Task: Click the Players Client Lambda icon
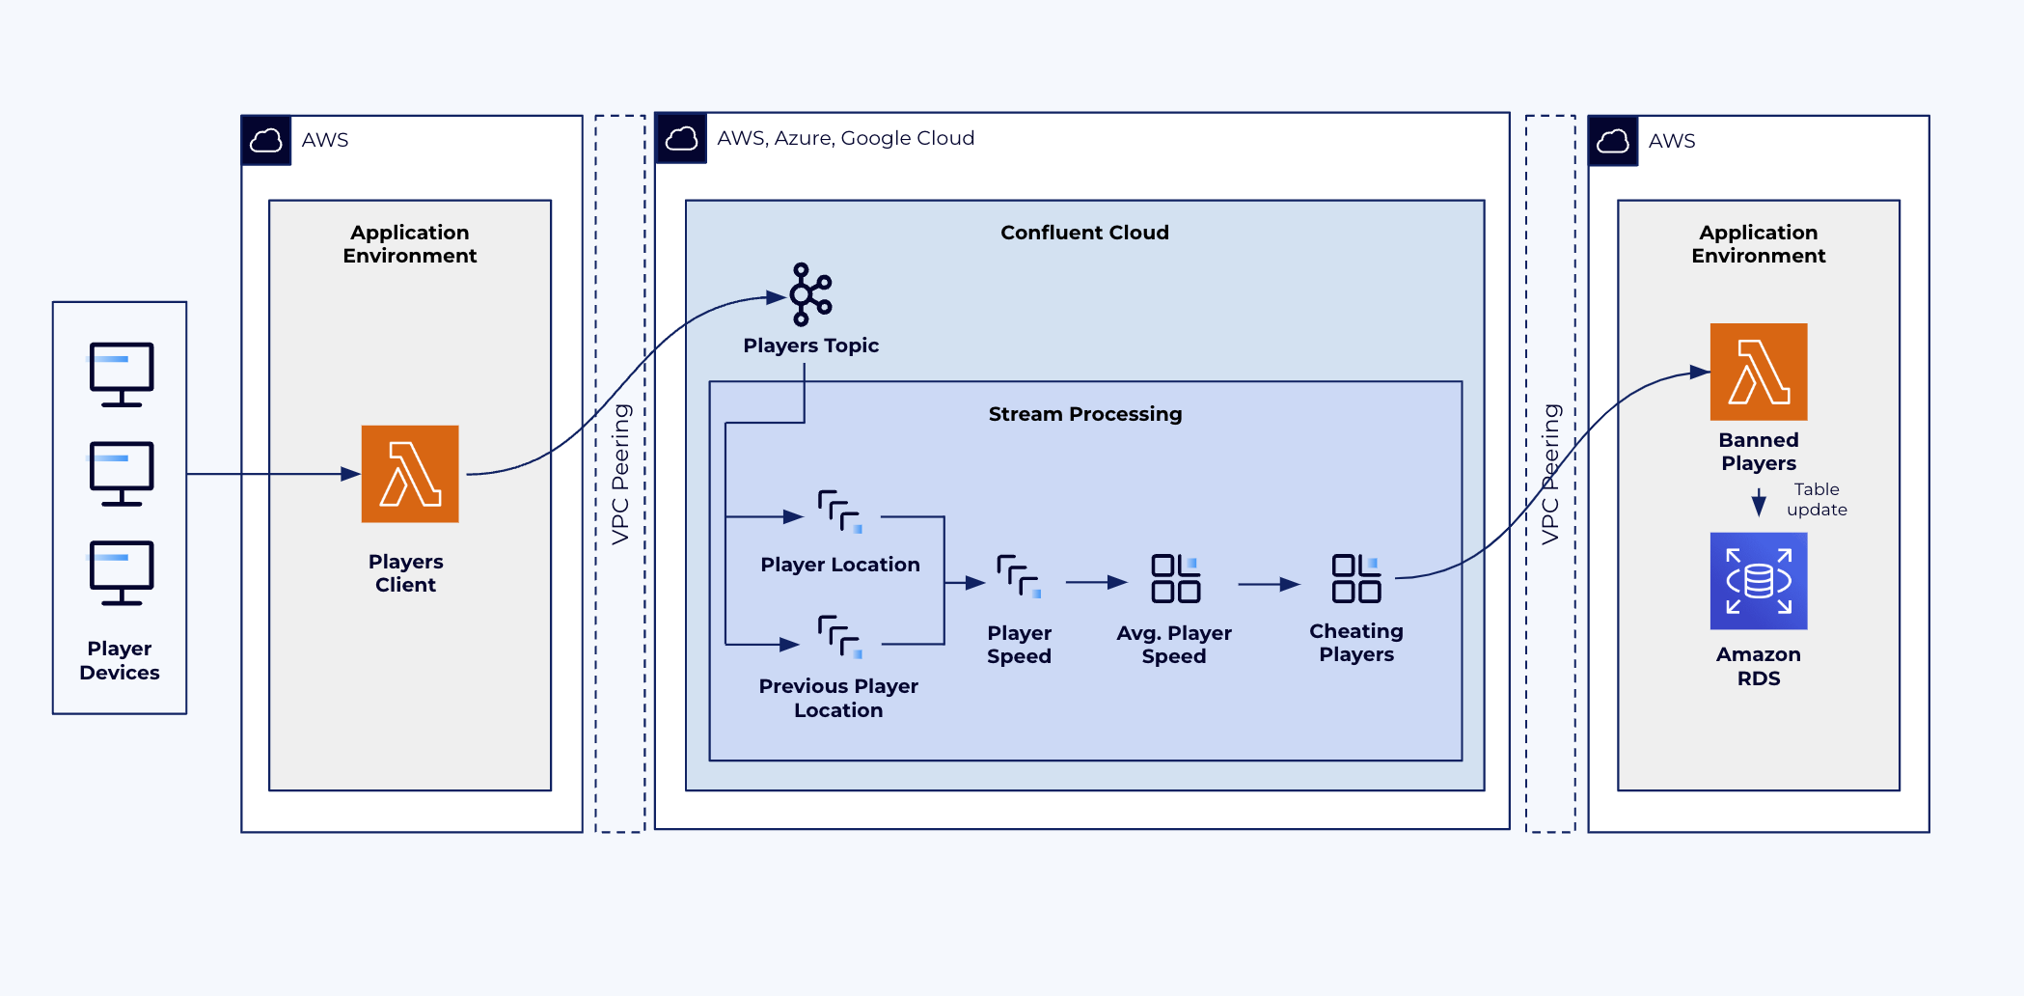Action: click(410, 474)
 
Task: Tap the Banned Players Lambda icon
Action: click(1758, 372)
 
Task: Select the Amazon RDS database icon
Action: click(1758, 581)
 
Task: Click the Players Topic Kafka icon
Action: click(810, 293)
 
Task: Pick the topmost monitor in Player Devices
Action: click(122, 373)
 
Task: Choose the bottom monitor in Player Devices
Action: click(122, 572)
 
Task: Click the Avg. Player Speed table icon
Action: click(1175, 578)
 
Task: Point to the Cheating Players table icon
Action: click(1355, 578)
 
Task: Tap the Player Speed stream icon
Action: click(1019, 576)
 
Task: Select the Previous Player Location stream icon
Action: click(839, 637)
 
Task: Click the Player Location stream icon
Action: click(839, 512)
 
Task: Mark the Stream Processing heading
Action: click(1084, 414)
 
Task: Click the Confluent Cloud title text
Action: click(1084, 233)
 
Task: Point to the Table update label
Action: click(1817, 500)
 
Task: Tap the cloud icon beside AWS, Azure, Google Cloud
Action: click(681, 138)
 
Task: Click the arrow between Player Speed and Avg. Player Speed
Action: click(1096, 582)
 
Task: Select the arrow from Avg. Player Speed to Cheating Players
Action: click(1269, 584)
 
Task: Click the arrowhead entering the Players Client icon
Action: click(351, 474)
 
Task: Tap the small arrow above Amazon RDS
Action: click(1759, 503)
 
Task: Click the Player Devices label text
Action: click(120, 660)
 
